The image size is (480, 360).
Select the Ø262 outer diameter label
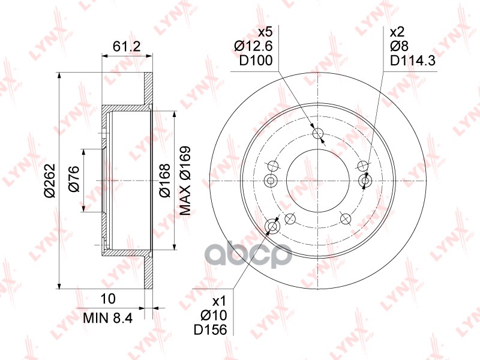(x=50, y=181)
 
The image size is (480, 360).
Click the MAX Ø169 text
(x=185, y=181)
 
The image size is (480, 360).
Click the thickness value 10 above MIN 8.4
(x=109, y=298)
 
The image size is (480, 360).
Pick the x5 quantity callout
(x=265, y=32)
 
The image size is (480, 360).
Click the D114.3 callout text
(x=412, y=60)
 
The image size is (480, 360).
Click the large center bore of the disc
(x=317, y=181)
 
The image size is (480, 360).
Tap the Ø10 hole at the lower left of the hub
(x=272, y=226)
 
